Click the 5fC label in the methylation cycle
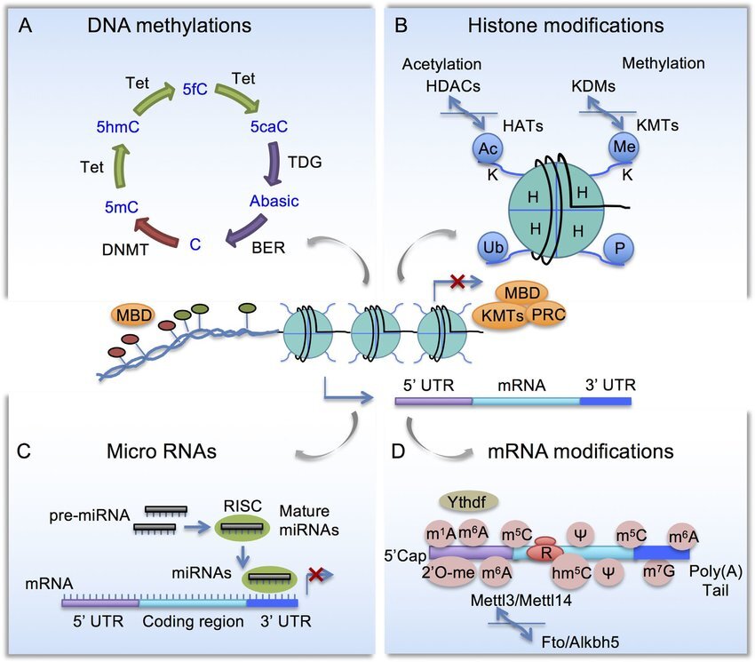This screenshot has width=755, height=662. [x=195, y=89]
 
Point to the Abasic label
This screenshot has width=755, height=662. [x=274, y=201]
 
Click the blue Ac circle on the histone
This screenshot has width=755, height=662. [x=488, y=148]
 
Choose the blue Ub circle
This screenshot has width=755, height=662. [x=493, y=247]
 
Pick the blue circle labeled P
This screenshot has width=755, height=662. [x=619, y=249]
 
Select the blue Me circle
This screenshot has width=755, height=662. [x=624, y=147]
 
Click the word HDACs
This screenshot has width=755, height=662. [x=453, y=86]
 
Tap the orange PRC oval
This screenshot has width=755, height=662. [x=548, y=315]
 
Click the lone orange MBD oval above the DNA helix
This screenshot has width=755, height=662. [x=134, y=315]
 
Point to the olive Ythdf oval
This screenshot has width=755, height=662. [x=467, y=502]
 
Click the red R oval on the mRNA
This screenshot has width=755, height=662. [x=546, y=552]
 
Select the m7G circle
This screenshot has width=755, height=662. [x=659, y=571]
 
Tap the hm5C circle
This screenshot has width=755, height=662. [x=571, y=572]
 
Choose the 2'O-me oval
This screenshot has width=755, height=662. [x=449, y=573]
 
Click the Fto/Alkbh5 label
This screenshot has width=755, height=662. [x=580, y=642]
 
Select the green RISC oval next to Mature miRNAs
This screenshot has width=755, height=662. [x=242, y=527]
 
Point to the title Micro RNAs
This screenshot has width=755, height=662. [x=162, y=451]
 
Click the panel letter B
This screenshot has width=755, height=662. [x=401, y=26]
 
